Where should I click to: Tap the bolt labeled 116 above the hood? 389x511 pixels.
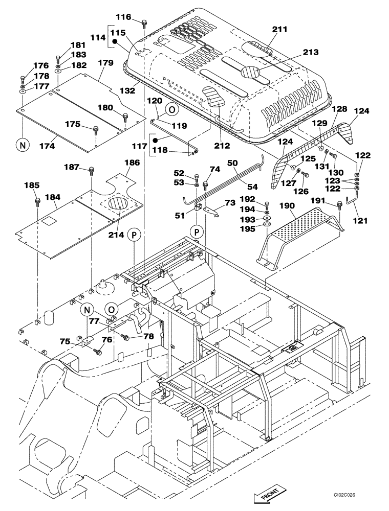144,22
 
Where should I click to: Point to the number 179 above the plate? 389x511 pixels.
105,62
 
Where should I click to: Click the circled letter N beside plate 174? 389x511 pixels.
23,145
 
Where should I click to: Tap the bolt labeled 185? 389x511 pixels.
37,201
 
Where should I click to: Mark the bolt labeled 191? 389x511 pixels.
339,205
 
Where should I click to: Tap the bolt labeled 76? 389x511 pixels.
98,351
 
